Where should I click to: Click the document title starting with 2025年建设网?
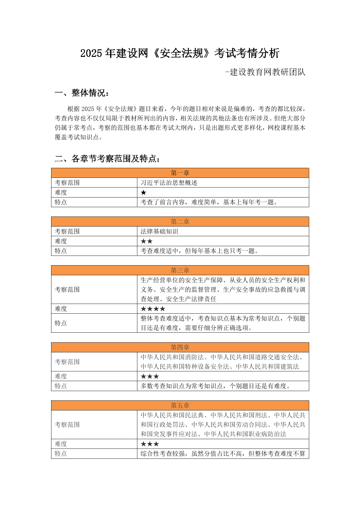point(180,53)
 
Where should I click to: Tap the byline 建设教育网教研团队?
point(266,72)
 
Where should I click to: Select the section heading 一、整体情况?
point(82,93)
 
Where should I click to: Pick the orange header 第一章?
point(180,173)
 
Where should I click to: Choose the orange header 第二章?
point(180,222)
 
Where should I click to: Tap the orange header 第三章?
point(180,270)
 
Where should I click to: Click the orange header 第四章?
point(180,347)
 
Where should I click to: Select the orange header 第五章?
point(180,405)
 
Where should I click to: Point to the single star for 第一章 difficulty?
point(144,193)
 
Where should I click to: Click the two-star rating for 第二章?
point(147,241)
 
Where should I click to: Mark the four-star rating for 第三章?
point(153,309)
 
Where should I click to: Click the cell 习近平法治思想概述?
point(169,183)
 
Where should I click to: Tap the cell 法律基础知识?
point(159,231)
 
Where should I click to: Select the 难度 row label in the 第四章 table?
point(61,376)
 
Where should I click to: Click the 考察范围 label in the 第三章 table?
point(67,289)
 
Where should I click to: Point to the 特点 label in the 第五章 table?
point(61,454)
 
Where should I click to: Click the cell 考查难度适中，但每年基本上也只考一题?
point(199,251)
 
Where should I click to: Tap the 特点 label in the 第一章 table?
point(61,202)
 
